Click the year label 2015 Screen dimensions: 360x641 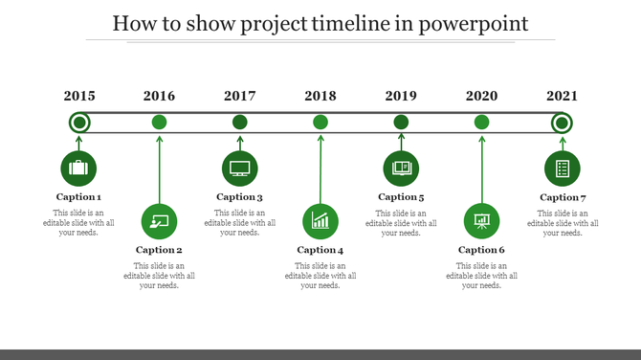coord(79,96)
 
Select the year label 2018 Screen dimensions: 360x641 coord(320,96)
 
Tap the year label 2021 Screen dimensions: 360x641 coord(562,96)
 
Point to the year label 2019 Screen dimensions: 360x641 coord(401,96)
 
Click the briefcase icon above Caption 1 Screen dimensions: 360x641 coord(78,169)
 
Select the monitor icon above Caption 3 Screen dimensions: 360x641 coord(240,169)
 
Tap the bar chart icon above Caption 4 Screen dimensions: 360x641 coord(320,221)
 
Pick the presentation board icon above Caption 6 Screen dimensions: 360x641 coord(481,221)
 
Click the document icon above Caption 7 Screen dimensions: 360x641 coord(563,169)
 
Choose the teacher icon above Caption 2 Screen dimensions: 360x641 coord(159,221)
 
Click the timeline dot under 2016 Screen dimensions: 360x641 coord(160,122)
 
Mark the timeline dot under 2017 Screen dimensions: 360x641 coord(240,122)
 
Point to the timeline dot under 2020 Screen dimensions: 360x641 coord(481,122)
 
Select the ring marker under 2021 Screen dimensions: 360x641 coord(562,123)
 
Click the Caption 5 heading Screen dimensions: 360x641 coord(401,197)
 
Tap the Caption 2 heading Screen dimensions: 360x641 coord(159,250)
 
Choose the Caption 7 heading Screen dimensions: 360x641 coord(563,197)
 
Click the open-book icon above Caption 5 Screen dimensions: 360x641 coord(401,169)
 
